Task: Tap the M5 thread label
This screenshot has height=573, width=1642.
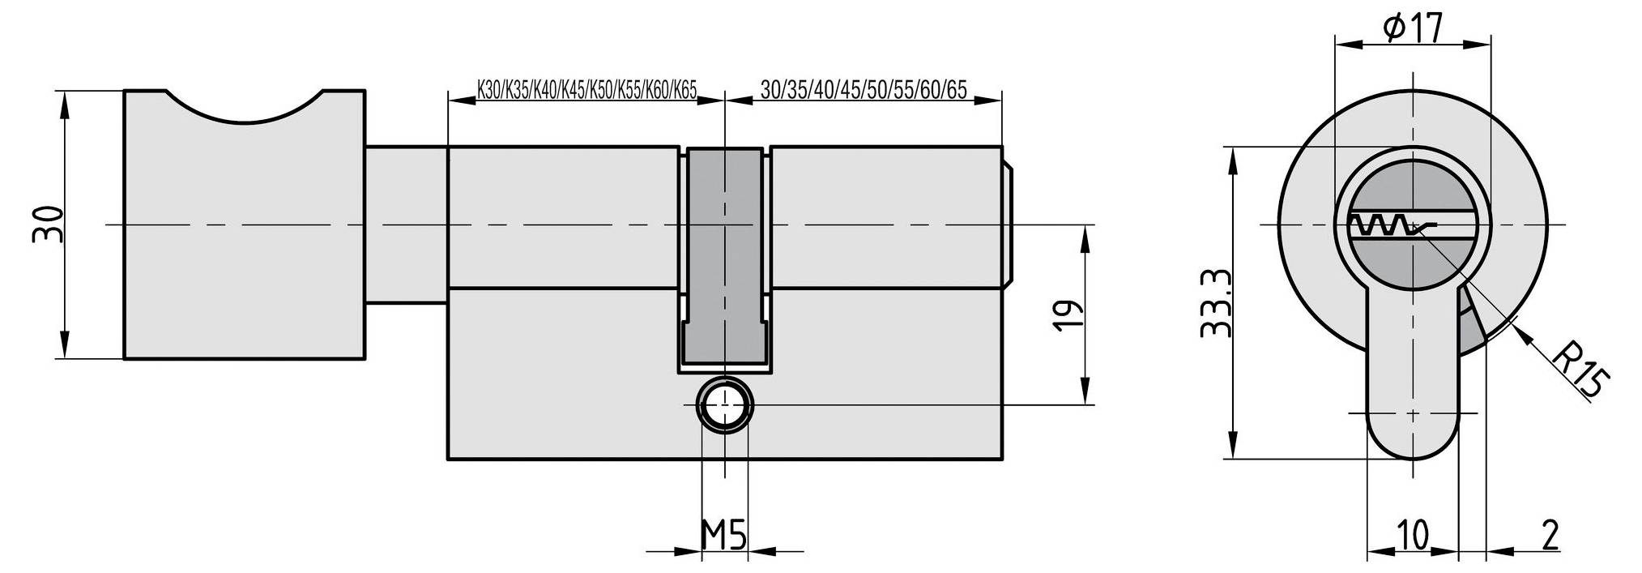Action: tap(723, 536)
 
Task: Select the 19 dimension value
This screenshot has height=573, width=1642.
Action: tap(1067, 316)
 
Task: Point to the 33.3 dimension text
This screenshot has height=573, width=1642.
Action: tap(1215, 304)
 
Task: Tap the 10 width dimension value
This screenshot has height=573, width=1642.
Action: tap(1413, 536)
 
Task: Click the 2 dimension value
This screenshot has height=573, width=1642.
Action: tap(1550, 536)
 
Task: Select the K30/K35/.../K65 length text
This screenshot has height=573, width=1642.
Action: tap(586, 89)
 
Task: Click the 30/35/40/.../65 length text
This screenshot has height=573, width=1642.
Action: tap(864, 89)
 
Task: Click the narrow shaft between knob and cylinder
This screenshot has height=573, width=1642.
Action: tap(405, 224)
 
